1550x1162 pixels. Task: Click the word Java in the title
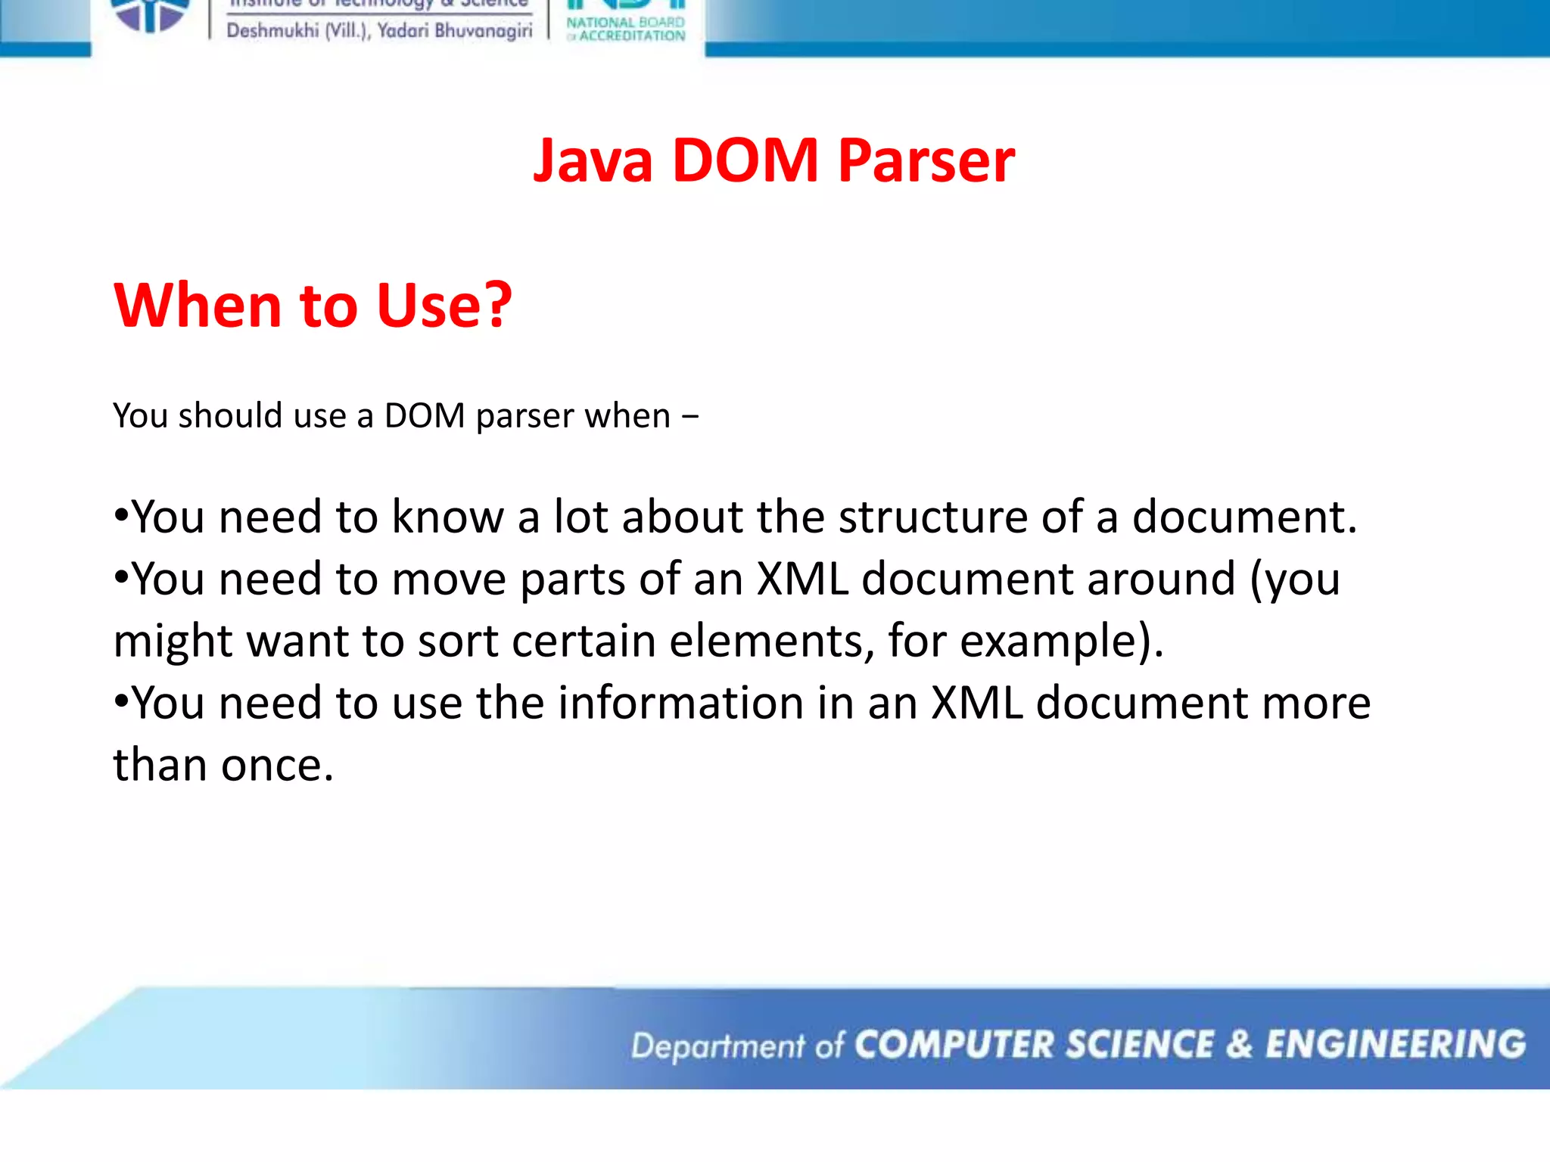(x=593, y=161)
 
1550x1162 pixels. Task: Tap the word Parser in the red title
(x=926, y=161)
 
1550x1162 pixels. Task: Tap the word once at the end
(x=277, y=766)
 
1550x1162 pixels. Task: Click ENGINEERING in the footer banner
(x=1396, y=1045)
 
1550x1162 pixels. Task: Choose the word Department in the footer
(x=717, y=1046)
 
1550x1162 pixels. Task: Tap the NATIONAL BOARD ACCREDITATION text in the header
(x=626, y=29)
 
